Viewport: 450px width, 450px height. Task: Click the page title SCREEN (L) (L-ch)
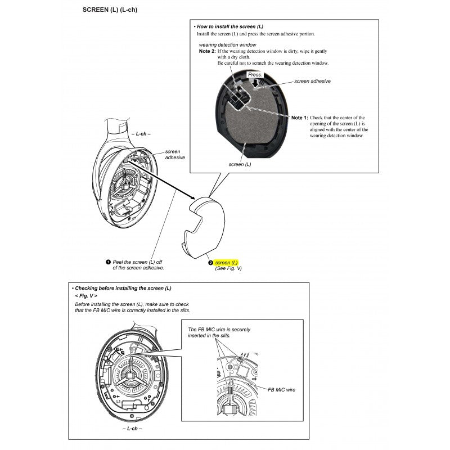pos(110,10)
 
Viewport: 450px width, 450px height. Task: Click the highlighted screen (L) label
pos(227,263)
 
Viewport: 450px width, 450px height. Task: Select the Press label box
pos(255,74)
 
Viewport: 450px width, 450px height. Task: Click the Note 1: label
pos(299,118)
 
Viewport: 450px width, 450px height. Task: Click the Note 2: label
pos(207,51)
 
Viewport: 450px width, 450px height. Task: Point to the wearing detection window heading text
pos(227,44)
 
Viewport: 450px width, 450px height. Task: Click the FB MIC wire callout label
pos(281,389)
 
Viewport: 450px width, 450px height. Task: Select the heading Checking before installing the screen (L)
pos(121,288)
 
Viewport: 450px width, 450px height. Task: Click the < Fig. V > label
pos(85,296)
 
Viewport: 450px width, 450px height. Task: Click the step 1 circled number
pos(108,262)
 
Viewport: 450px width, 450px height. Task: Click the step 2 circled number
pos(211,263)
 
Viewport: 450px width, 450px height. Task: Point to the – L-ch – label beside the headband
pos(141,135)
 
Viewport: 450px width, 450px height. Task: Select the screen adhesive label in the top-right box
pos(312,81)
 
